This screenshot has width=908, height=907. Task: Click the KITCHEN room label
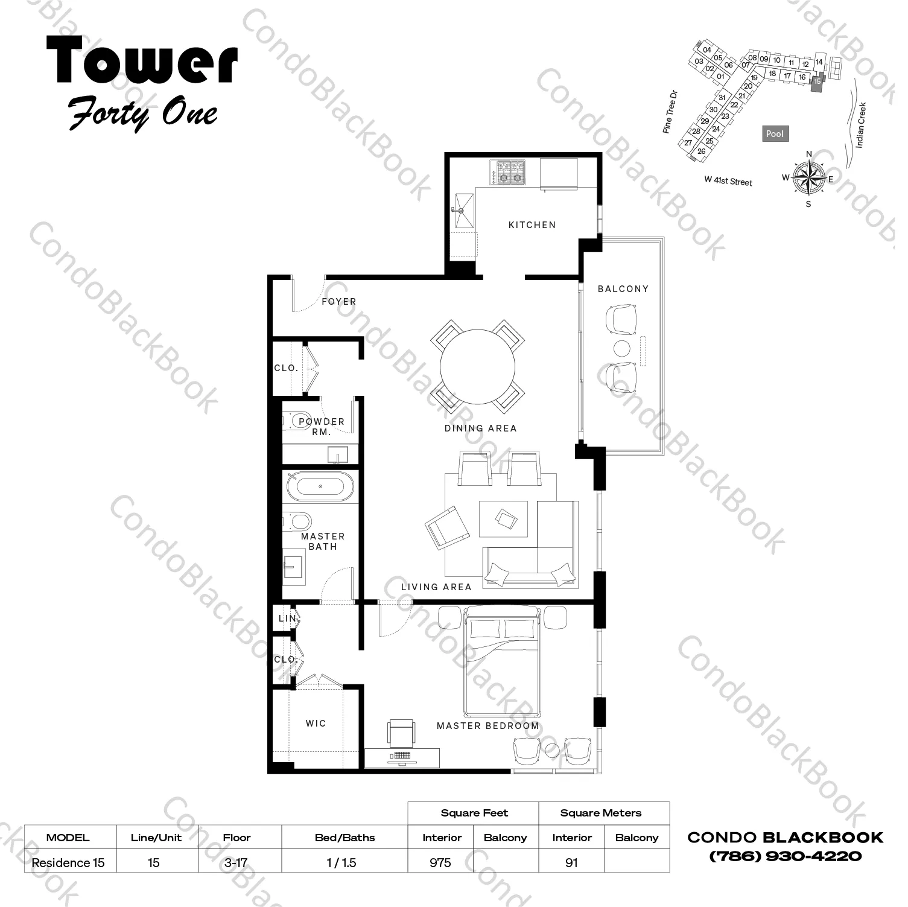(532, 225)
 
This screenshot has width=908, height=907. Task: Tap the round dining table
(477, 367)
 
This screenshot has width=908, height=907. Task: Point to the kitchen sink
(465, 210)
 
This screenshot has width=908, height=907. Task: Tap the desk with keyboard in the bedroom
(402, 757)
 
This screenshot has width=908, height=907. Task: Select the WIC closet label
(316, 723)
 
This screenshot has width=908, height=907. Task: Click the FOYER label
(338, 302)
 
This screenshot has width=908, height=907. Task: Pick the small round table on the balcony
(622, 348)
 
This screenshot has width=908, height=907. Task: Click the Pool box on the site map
(775, 134)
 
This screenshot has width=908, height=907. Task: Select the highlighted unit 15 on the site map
(817, 81)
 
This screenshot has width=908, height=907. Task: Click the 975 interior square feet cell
(440, 862)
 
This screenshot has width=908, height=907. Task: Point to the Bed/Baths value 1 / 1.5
(341, 862)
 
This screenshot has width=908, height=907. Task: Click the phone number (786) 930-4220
(785, 856)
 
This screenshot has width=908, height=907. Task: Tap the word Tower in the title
(142, 60)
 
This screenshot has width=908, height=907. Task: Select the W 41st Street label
(728, 180)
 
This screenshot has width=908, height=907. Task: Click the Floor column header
(237, 838)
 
